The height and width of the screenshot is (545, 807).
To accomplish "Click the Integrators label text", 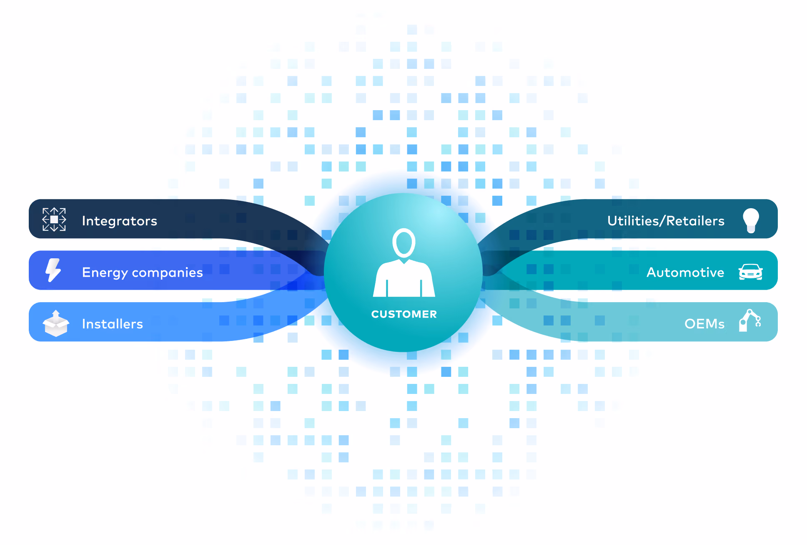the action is coord(120,221).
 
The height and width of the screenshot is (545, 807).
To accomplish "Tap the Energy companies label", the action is coord(143,272).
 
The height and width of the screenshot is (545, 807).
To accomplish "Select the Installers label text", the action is coord(113,324).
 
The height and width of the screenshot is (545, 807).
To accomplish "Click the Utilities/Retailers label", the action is coord(666,221).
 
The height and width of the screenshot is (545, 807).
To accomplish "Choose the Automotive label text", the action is coord(685,272).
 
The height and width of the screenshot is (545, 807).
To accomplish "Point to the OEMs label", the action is coord(704,324).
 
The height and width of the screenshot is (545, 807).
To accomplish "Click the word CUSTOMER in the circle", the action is coord(404,314).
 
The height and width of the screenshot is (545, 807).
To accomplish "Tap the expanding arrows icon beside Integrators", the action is coord(54,219).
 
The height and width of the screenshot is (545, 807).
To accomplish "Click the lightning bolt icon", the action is coord(53,270).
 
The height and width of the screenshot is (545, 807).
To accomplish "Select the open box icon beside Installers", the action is coord(56,323).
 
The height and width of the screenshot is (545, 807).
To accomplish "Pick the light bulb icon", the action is coord(751,220).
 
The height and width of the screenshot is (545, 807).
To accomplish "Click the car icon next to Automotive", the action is coord(750,272).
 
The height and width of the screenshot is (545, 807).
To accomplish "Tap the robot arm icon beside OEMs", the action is coord(750,320).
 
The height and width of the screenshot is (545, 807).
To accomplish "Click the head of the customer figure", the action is coord(403,243).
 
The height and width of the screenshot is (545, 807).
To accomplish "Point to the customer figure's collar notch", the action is coord(403,261).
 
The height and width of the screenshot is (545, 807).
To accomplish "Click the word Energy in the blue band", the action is coord(105,272).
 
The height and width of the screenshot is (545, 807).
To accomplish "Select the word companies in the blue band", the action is coord(168,272).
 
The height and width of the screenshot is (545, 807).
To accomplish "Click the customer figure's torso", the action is coord(404,280).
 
